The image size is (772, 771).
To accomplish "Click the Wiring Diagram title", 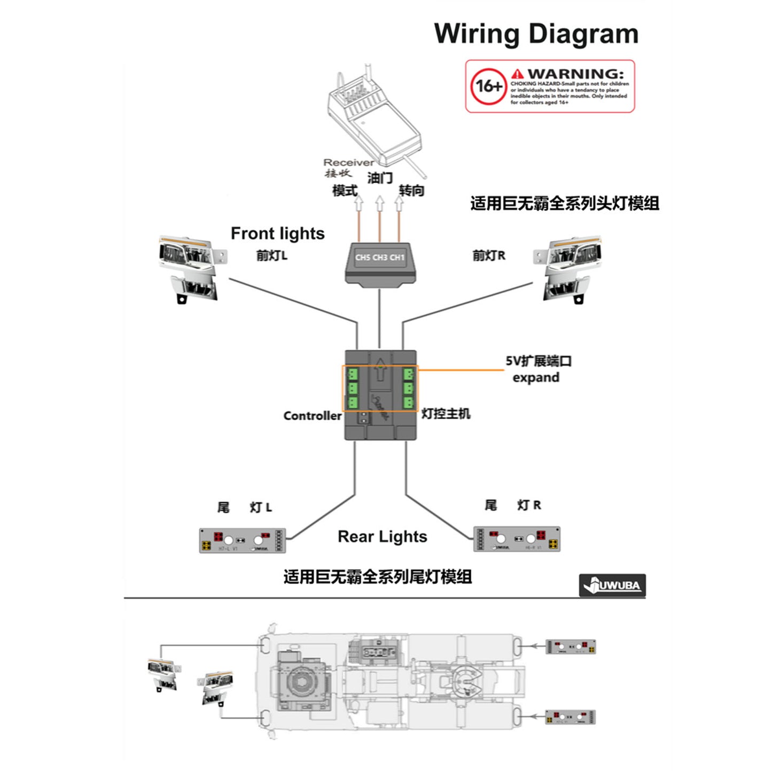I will pyautogui.click(x=536, y=34).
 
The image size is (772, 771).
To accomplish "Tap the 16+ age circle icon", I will pyautogui.click(x=489, y=86).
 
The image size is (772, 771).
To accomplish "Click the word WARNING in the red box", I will pyautogui.click(x=575, y=74).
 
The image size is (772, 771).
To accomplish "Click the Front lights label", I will pyautogui.click(x=277, y=233).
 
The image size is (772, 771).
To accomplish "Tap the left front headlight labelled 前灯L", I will pyautogui.click(x=191, y=269).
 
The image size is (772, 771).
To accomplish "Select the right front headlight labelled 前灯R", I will pyautogui.click(x=568, y=269).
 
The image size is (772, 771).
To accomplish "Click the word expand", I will pyautogui.click(x=536, y=377).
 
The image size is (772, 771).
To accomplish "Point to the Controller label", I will pyautogui.click(x=312, y=415).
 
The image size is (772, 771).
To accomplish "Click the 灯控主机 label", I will pyautogui.click(x=446, y=414).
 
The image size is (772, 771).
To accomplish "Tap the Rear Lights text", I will pyautogui.click(x=382, y=537).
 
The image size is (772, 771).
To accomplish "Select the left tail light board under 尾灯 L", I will pyautogui.click(x=243, y=540).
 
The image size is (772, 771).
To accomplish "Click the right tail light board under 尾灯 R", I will pyautogui.click(x=517, y=538).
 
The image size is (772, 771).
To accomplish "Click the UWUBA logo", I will pyautogui.click(x=612, y=585).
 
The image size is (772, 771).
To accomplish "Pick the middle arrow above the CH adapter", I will pyautogui.click(x=379, y=203).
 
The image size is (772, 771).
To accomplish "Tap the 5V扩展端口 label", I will pyautogui.click(x=539, y=361).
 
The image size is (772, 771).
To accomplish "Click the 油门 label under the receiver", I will pyautogui.click(x=380, y=178).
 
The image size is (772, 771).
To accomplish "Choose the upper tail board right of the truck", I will pyautogui.click(x=571, y=647).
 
